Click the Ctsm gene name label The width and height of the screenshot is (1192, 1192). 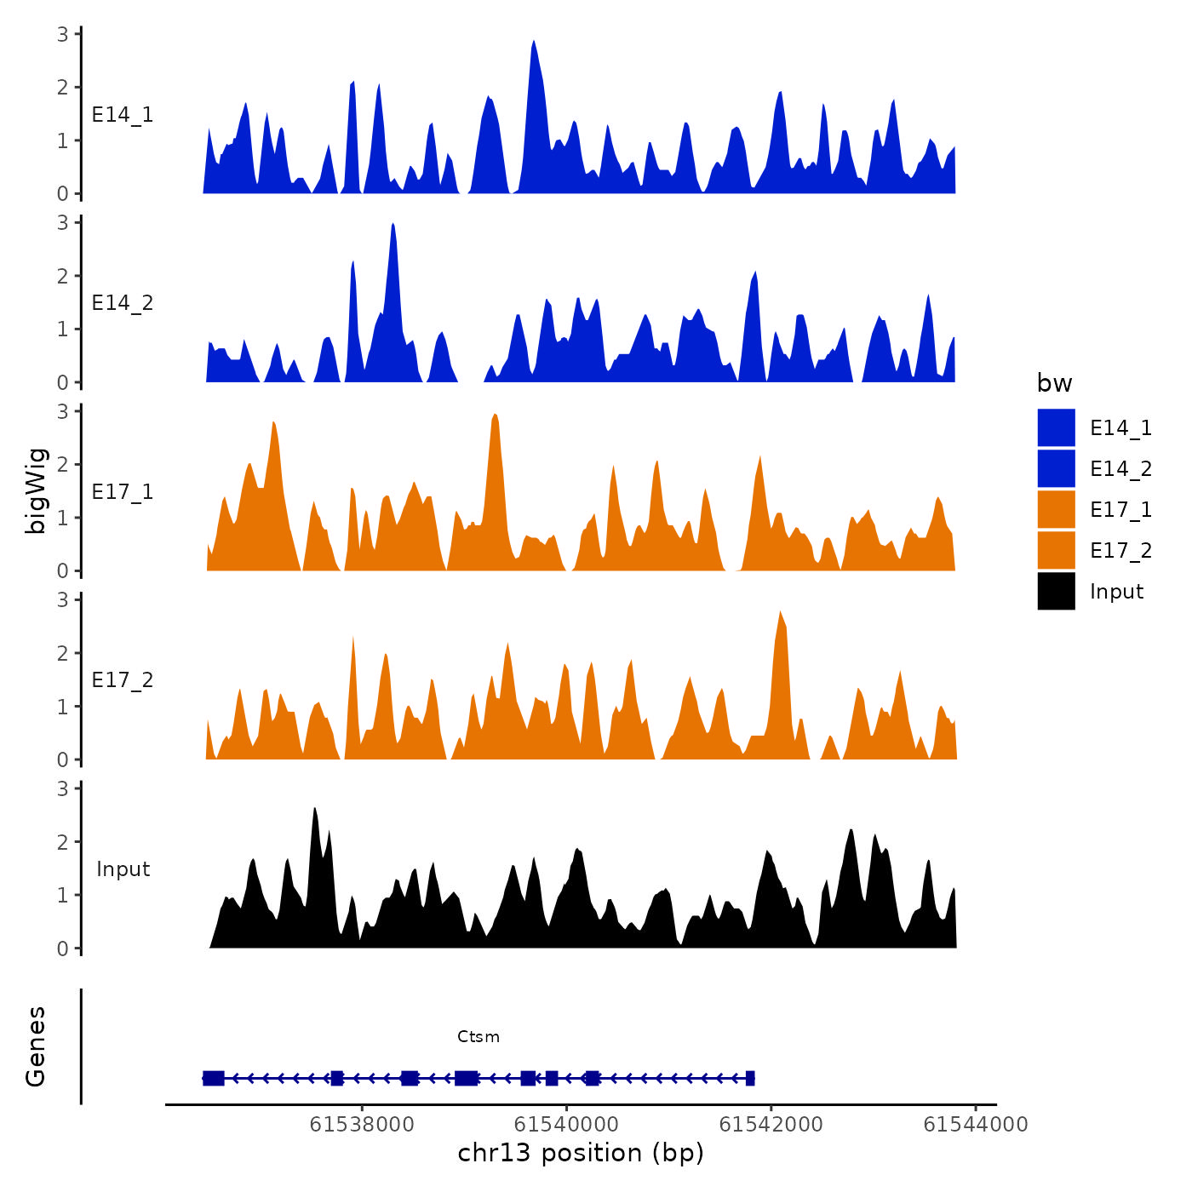479,1036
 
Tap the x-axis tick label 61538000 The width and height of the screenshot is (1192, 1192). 362,1125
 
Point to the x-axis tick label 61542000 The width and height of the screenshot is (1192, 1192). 771,1125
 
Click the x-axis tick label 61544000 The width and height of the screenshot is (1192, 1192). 976,1125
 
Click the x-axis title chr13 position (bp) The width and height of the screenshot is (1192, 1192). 581,1153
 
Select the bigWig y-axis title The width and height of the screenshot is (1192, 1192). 36,490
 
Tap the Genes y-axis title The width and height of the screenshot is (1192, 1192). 36,1046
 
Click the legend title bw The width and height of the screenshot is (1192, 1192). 1054,383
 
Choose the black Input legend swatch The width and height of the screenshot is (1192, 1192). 1056,591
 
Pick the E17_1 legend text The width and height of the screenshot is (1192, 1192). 1120,509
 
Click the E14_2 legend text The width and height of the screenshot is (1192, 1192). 1120,468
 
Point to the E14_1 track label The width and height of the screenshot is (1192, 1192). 123,115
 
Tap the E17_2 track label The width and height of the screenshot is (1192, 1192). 123,680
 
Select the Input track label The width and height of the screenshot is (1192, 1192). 123,869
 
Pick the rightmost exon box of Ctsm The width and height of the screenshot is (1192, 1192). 750,1079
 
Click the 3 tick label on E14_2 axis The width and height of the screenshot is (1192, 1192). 63,223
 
